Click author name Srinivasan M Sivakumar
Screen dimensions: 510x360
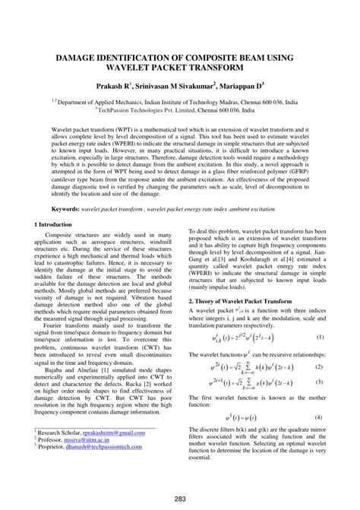177,87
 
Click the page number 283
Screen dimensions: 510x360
180,499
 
